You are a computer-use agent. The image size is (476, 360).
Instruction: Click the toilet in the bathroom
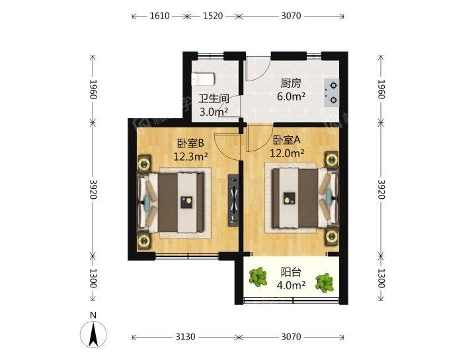[x=204, y=79]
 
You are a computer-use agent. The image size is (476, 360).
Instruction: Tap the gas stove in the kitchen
[x=331, y=92]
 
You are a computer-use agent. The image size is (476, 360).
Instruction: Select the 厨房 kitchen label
[x=291, y=83]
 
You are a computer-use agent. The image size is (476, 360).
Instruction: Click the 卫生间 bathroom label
[x=214, y=98]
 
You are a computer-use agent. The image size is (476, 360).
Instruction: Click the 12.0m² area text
[x=287, y=153]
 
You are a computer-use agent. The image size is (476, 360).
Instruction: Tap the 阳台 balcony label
[x=291, y=272]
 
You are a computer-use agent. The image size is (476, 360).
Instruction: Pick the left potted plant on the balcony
[x=258, y=277]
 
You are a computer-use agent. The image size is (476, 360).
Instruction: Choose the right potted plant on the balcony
[x=325, y=283]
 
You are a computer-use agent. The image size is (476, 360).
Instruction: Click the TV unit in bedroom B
[x=233, y=200]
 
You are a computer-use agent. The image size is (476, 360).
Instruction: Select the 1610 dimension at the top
[x=159, y=16]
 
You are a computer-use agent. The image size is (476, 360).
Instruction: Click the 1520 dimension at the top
[x=213, y=16]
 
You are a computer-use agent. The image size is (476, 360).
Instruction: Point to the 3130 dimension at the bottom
[x=185, y=337]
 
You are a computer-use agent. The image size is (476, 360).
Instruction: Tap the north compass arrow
[x=93, y=334]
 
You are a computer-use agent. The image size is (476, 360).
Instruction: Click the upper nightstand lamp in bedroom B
[x=143, y=164]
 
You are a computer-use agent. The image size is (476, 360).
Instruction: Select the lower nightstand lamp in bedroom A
[x=332, y=236]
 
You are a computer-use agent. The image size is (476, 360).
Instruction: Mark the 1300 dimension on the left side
[x=93, y=278]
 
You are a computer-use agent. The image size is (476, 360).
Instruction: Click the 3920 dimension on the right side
[x=381, y=189]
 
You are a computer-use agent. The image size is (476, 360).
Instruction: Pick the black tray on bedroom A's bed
[x=290, y=198]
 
